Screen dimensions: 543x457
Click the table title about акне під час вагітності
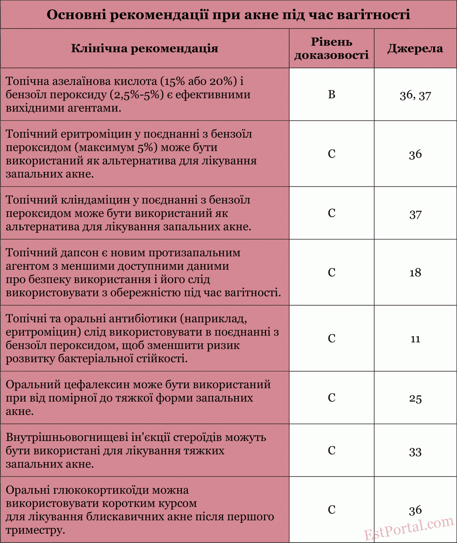pos(228,15)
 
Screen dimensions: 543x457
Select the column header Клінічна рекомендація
pos(144,48)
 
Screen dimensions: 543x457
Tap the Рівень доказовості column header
pos(331,48)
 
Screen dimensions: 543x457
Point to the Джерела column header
pos(415,48)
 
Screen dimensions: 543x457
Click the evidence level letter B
pos(332,95)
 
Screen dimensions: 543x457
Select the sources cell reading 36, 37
pos(415,96)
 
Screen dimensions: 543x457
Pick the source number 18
pos(415,273)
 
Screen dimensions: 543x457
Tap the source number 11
pos(415,339)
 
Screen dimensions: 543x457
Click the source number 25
pos(415,399)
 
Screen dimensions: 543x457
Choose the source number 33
pos(415,452)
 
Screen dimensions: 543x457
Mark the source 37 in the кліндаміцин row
pos(415,214)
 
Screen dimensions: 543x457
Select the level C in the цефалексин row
pos(332,398)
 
